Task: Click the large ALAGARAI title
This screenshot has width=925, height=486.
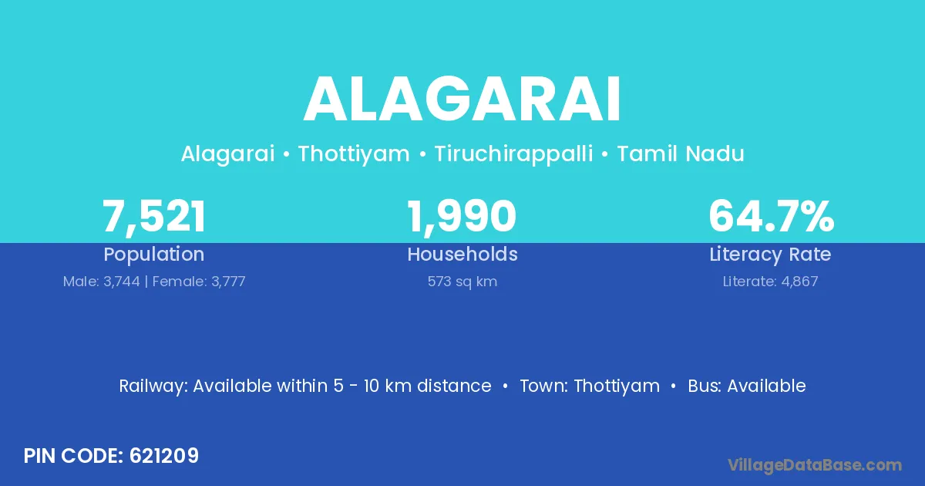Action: [462, 99]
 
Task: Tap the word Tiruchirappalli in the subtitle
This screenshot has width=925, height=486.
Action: [513, 154]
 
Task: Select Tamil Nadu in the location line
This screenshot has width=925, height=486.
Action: [681, 154]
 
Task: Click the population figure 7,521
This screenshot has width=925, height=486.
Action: [154, 217]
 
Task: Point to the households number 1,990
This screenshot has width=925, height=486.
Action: [462, 217]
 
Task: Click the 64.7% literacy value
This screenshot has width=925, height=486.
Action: [772, 216]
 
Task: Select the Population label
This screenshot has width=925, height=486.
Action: [154, 255]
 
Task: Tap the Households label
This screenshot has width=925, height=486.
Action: [462, 254]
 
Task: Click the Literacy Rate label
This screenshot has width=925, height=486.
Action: [770, 255]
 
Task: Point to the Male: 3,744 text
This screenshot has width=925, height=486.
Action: [102, 282]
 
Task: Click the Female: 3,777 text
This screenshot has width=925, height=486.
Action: [199, 282]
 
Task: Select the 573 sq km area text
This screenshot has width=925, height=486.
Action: [462, 282]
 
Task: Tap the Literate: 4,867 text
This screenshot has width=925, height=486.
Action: [770, 282]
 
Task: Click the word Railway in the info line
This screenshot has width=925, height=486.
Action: [153, 386]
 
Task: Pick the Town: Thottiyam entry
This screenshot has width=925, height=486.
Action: [590, 386]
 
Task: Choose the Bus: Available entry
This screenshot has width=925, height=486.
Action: [747, 386]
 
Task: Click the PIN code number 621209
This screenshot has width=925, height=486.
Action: [164, 456]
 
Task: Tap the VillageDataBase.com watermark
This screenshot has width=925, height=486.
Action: [814, 465]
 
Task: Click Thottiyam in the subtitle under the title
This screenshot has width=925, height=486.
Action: [354, 154]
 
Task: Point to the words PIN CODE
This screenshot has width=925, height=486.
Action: [73, 456]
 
